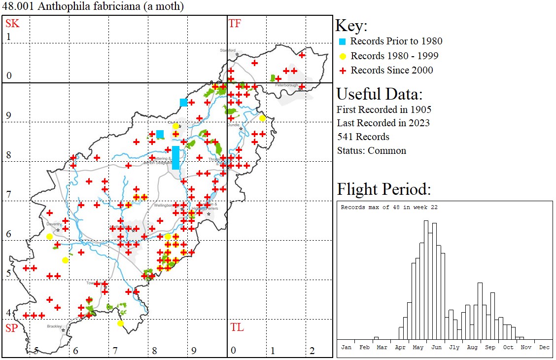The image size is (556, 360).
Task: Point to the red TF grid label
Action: point(235,23)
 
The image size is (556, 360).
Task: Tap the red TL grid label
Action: point(236,327)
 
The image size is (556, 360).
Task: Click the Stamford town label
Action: point(228,50)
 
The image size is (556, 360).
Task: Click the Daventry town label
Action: point(53,224)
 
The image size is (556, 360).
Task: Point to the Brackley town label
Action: point(54,326)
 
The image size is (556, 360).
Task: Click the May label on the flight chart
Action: point(418,347)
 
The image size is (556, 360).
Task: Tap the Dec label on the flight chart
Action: point(544,347)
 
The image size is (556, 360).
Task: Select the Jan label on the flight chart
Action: point(347,347)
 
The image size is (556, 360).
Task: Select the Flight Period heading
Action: point(384,189)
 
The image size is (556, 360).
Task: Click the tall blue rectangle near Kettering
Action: point(175,157)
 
